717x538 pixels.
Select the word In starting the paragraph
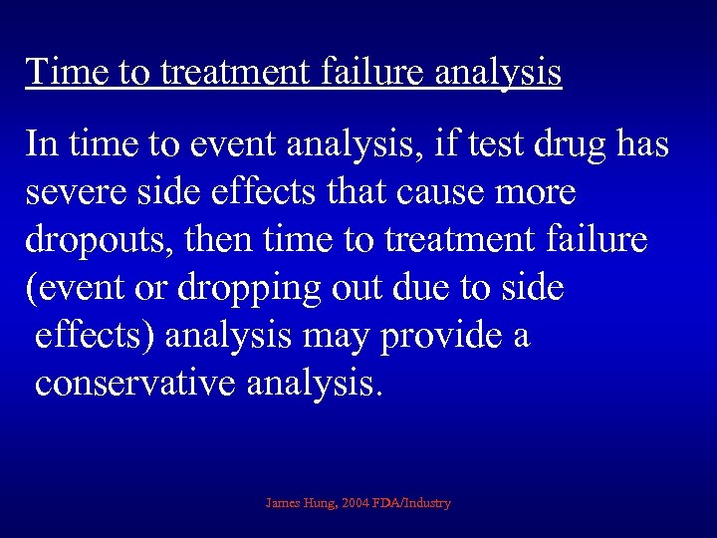tap(42, 144)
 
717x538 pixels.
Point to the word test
tap(495, 144)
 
